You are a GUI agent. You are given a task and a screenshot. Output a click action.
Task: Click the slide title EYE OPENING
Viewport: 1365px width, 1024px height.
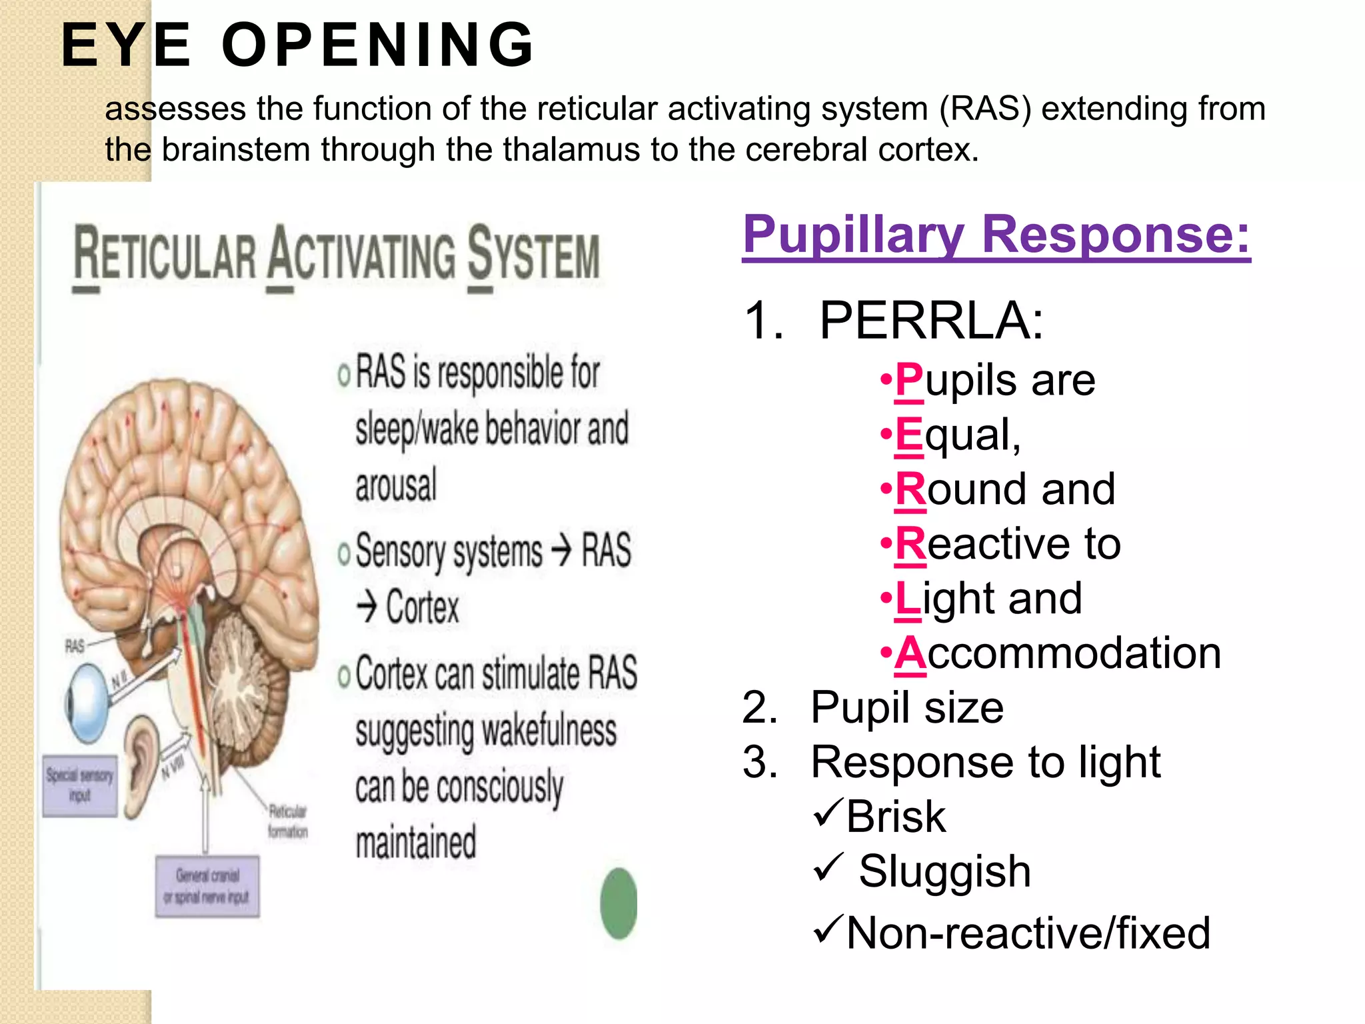297,45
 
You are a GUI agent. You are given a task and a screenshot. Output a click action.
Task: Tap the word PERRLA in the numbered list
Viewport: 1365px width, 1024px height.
930,321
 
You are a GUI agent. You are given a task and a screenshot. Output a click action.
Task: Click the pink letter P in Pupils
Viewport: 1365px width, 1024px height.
909,381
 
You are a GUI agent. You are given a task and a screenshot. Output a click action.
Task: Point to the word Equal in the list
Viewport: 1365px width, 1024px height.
957,435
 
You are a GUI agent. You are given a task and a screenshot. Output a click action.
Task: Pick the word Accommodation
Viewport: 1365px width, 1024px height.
1058,653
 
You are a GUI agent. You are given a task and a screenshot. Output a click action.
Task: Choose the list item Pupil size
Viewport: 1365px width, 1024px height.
906,708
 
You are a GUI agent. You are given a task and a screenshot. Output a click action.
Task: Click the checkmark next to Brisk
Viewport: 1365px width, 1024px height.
828,813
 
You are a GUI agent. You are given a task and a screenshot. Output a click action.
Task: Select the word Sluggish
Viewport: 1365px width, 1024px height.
944,871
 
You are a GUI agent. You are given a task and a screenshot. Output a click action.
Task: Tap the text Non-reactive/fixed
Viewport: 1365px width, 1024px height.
1028,933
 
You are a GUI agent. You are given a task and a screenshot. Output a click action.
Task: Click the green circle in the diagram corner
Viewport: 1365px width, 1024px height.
619,903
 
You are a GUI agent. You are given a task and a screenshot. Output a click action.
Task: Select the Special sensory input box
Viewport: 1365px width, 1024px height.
80,785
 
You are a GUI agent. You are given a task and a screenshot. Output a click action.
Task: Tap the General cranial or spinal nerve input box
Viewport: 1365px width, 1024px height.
207,886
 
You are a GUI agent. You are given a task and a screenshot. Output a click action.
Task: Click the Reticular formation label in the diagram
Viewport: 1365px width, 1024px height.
288,821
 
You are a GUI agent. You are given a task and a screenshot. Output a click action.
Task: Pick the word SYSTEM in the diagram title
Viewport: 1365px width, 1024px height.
533,255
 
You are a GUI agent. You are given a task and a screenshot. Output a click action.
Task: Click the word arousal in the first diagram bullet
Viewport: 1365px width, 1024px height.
396,486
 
